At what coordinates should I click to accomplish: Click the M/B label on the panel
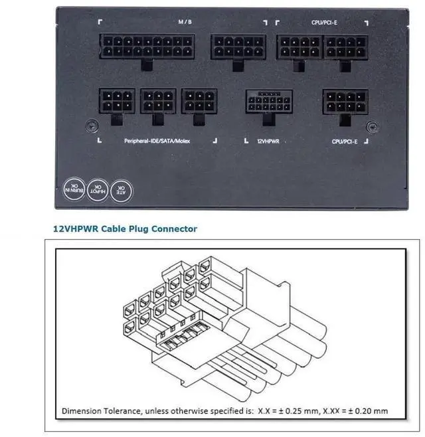pos(185,22)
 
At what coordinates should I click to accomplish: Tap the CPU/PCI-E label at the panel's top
pos(325,22)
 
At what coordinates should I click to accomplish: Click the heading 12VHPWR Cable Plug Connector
pos(125,228)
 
